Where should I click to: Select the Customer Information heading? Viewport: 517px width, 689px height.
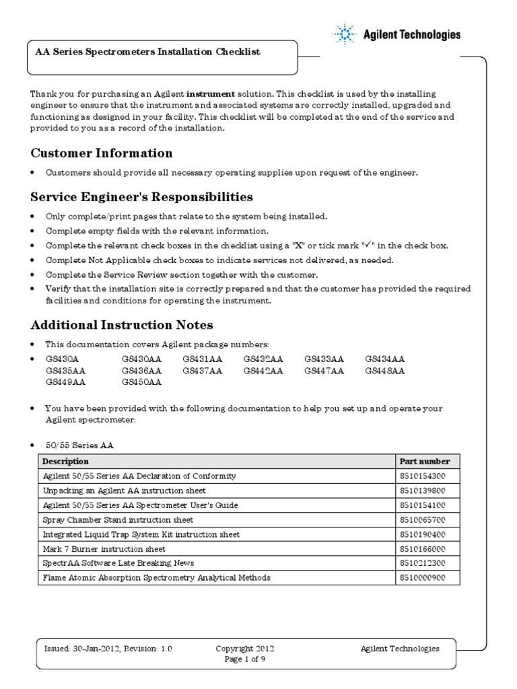[102, 153]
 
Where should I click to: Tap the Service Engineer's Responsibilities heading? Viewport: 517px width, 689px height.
[142, 197]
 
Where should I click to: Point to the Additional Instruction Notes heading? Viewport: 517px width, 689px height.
[122, 325]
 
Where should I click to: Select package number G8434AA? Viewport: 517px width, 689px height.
[385, 359]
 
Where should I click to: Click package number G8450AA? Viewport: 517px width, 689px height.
[141, 382]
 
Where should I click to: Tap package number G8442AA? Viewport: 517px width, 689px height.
[263, 371]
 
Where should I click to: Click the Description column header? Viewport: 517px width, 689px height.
[65, 462]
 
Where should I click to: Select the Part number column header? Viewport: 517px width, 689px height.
[420, 462]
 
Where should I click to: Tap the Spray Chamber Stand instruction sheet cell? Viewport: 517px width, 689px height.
[118, 519]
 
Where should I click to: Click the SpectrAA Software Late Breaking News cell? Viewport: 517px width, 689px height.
[120, 563]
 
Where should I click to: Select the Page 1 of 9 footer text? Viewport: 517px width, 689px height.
[244, 659]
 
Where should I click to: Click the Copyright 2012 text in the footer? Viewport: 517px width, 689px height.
[244, 649]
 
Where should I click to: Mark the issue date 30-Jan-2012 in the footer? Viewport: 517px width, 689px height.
[94, 649]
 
